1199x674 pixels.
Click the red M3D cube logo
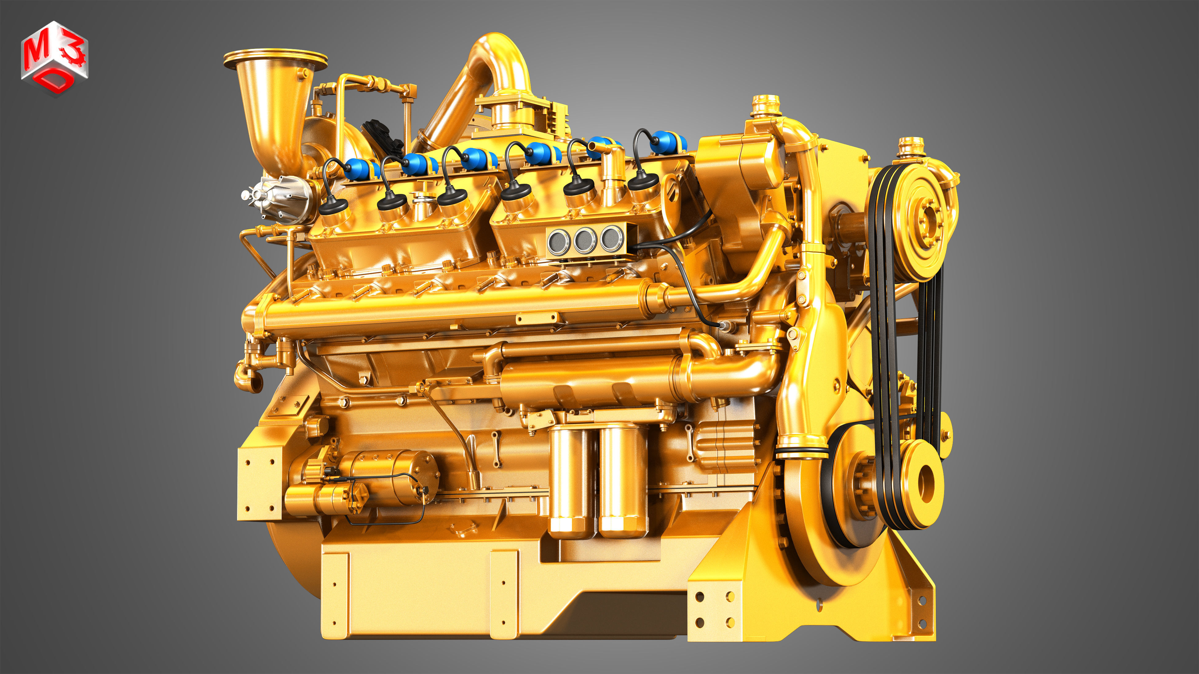[x=54, y=58]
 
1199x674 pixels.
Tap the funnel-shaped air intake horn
[x=275, y=107]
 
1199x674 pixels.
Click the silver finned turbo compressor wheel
[x=275, y=198]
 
